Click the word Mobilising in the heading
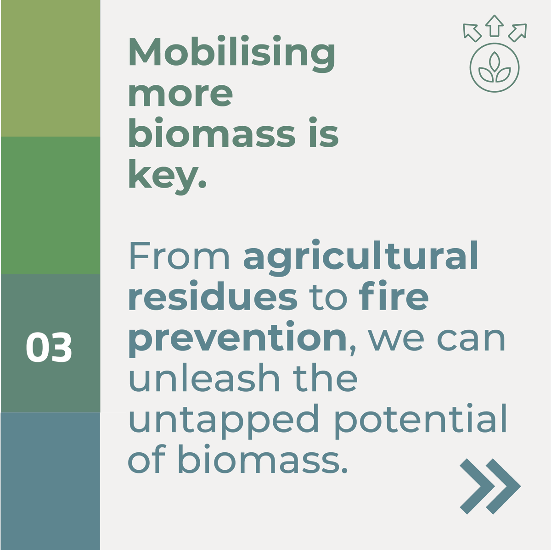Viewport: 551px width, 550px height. click(x=232, y=53)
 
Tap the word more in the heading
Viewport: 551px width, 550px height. click(x=180, y=94)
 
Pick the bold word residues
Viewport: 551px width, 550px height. click(x=213, y=297)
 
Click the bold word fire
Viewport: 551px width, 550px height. click(x=394, y=297)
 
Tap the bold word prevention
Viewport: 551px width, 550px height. click(x=237, y=339)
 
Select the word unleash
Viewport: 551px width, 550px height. click(x=204, y=379)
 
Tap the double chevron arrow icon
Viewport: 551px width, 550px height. click(x=490, y=486)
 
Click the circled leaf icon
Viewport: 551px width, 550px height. click(x=495, y=68)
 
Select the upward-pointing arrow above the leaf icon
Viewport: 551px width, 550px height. click(x=495, y=25)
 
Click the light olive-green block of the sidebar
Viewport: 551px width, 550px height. click(x=50, y=68)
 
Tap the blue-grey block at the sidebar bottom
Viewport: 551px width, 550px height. click(x=50, y=481)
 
